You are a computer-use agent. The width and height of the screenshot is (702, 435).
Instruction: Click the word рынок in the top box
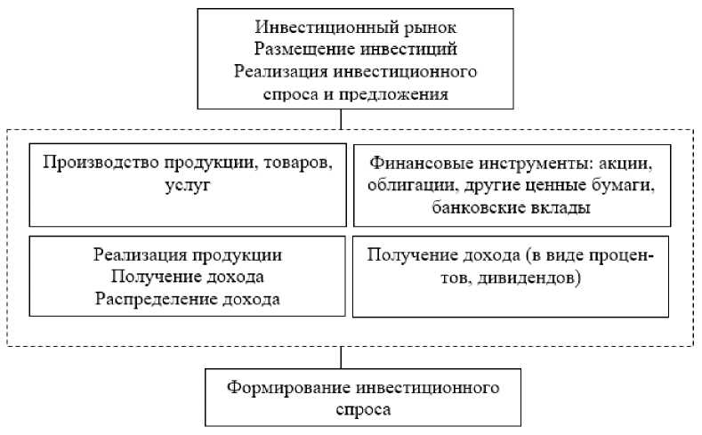[x=432, y=28]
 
